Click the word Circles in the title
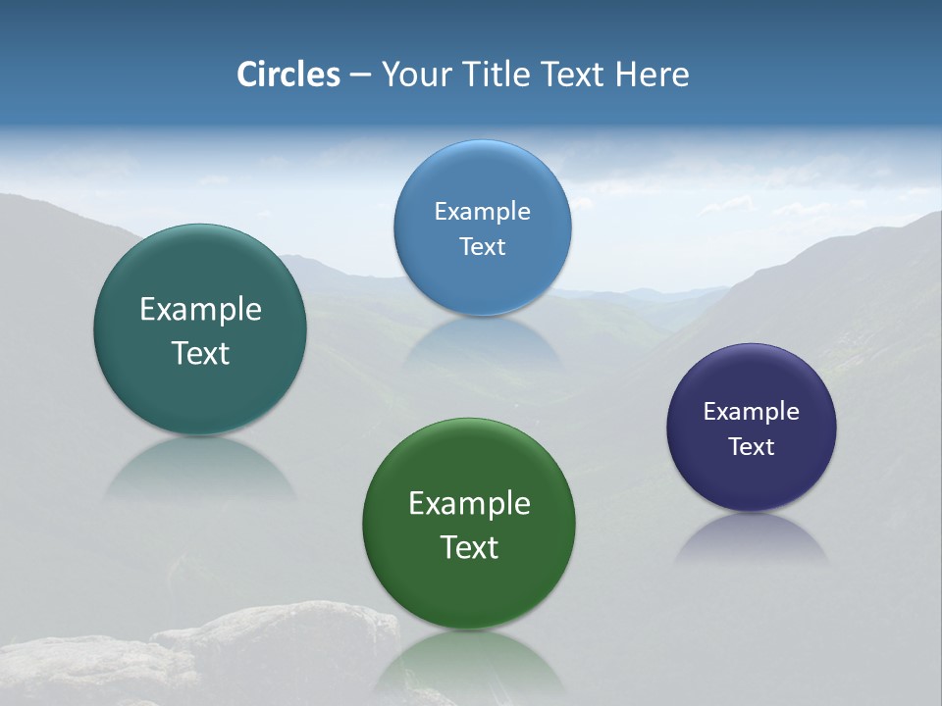(288, 75)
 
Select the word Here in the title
(652, 75)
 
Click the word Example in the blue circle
(482, 211)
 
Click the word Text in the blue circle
(482, 246)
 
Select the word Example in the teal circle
(200, 309)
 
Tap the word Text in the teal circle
(200, 353)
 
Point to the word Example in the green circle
(469, 503)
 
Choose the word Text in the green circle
(469, 547)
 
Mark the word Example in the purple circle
(752, 411)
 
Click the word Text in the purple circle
(752, 446)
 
